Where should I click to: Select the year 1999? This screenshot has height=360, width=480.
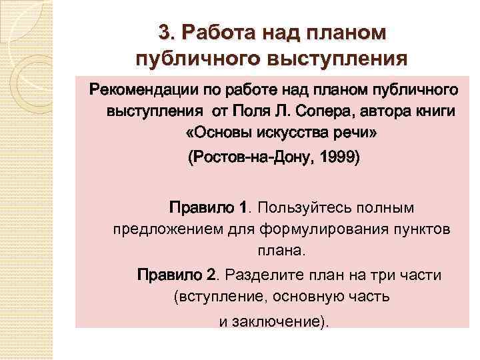point(337,159)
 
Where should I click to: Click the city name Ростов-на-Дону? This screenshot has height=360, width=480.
point(246,159)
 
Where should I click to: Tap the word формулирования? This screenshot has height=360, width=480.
point(307,229)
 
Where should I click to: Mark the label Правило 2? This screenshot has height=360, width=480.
point(177,275)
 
